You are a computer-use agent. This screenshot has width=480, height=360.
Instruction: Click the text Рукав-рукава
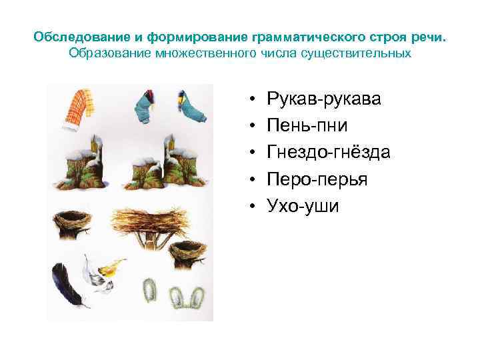pyautogui.click(x=323, y=99)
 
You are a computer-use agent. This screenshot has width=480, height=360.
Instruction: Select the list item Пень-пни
pyautogui.click(x=306, y=126)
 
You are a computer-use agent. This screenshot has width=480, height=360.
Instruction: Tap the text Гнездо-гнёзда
pyautogui.click(x=328, y=153)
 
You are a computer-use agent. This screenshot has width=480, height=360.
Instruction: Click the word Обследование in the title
pyautogui.click(x=74, y=37)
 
